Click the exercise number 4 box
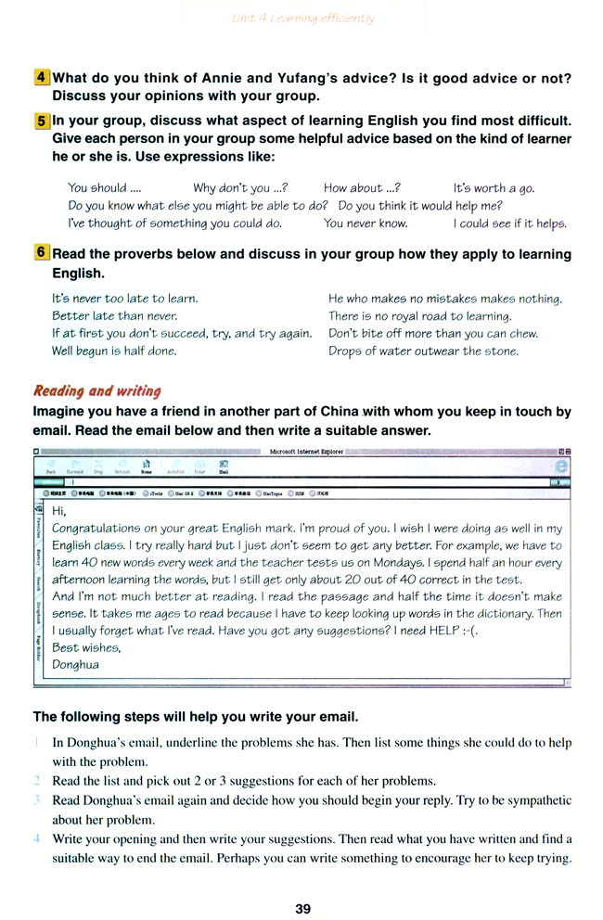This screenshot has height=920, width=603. pos(41,79)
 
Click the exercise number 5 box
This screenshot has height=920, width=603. pos(41,121)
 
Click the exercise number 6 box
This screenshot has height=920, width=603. pos(41,254)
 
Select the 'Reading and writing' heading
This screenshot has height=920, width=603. pos(97,390)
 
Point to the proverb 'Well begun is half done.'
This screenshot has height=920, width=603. pos(115,351)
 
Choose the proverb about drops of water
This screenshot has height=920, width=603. pos(424,351)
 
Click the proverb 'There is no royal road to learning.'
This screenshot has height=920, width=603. pos(420,316)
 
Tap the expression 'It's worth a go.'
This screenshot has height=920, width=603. pos(494,188)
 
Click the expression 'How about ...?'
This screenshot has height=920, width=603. pos(362,188)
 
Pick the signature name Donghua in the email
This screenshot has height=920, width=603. pos(76,664)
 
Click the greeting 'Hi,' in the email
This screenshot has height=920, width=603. pos(60,511)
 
